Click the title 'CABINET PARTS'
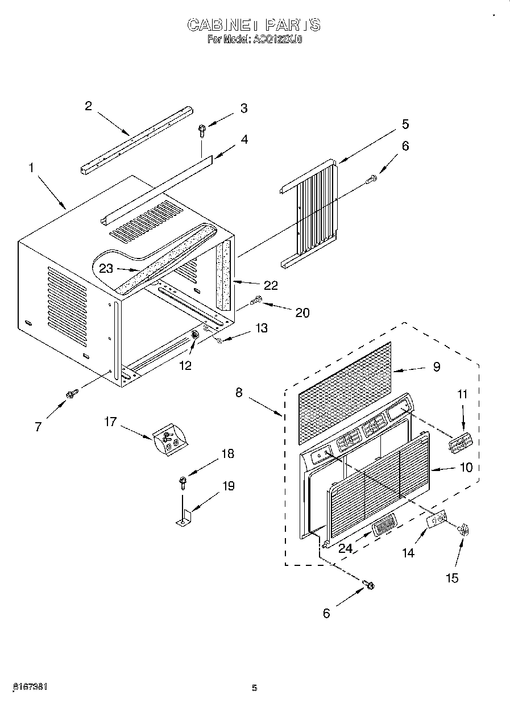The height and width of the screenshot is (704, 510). pos(254,25)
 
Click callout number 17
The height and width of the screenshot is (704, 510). pos(110,422)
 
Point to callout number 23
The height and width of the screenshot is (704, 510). pos(106,269)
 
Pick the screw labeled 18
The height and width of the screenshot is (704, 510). pos(182,482)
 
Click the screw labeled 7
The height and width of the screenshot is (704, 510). pos(72,393)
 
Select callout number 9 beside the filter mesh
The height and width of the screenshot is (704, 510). pos(436,367)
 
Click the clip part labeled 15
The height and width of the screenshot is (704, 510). pos(464,530)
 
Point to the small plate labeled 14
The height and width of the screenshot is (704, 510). pos(436,520)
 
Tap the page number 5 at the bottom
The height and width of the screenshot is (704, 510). pos(255,688)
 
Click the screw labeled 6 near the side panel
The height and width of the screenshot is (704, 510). pos(372,179)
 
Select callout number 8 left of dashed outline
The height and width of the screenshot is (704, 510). pos(239,392)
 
